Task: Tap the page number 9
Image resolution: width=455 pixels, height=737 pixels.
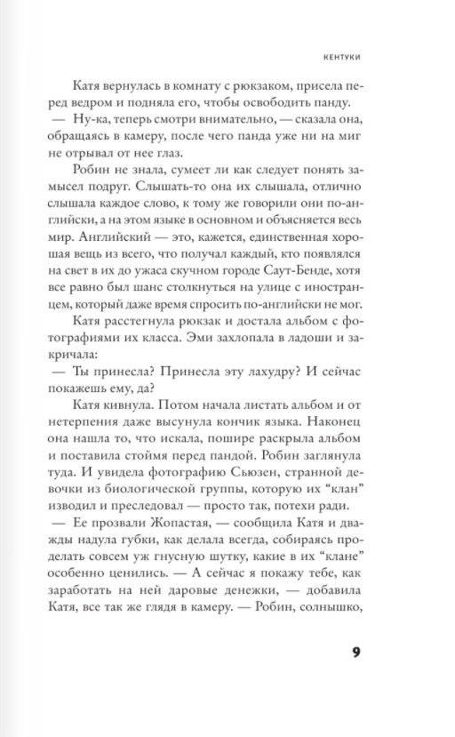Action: pyautogui.click(x=355, y=653)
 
